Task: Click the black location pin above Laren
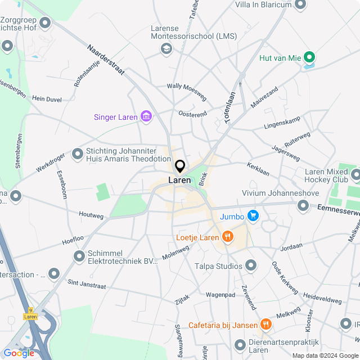[x=180, y=166]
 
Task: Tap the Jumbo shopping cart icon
[x=253, y=215]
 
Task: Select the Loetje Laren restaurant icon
[x=227, y=237]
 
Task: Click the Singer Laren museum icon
[x=146, y=117]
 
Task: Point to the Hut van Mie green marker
[x=309, y=57]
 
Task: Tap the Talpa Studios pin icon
[x=251, y=265]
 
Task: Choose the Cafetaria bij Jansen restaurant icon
[x=265, y=325]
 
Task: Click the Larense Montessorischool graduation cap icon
[x=166, y=49]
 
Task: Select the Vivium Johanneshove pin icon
[x=304, y=206]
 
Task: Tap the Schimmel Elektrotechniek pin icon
[x=79, y=256]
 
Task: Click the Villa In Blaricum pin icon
[x=300, y=5]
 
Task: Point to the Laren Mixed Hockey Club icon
[x=355, y=175]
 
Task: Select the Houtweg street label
[x=91, y=215]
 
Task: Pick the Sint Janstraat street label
[x=87, y=285]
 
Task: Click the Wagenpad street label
[x=220, y=294]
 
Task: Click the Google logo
[x=19, y=353]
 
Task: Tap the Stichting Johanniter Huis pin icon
[x=78, y=154]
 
